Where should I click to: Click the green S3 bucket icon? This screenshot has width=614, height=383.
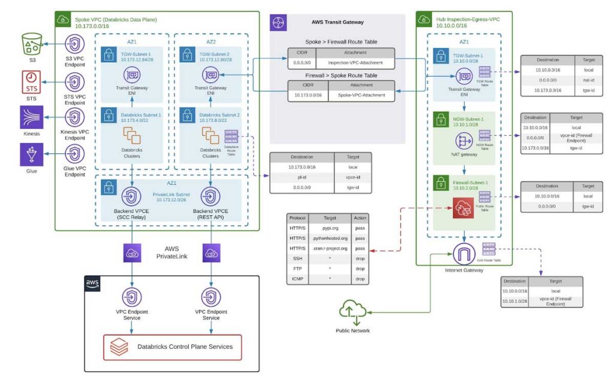pos(31,44)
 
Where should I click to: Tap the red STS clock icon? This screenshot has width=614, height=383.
pos(31,80)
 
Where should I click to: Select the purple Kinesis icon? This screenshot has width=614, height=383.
pos(31,117)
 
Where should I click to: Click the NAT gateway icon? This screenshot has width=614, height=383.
pos(463,141)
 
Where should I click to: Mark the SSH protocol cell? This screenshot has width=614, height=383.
pos(297,259)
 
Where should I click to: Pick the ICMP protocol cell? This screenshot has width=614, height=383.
pos(297,279)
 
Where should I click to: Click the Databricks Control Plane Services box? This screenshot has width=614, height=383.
pos(173,346)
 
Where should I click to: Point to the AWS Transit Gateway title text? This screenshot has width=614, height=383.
pos(338,22)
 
